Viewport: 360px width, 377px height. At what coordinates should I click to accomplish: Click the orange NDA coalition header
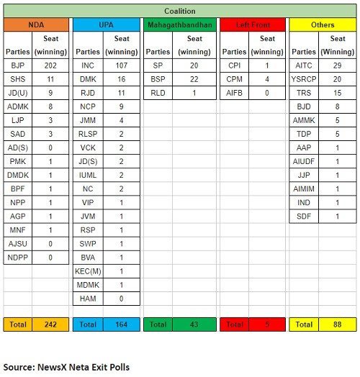tap(35, 25)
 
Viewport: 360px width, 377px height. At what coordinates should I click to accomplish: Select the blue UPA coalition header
tap(106, 25)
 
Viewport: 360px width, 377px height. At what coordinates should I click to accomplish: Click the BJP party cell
tap(18, 65)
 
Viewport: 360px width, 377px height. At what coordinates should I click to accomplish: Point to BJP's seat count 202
tap(50, 65)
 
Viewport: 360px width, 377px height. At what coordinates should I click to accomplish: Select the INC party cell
tap(89, 65)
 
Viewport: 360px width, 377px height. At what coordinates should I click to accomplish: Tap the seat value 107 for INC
tap(122, 65)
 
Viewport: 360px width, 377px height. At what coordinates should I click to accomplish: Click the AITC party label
tap(304, 65)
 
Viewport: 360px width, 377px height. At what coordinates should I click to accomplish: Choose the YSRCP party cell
tap(304, 78)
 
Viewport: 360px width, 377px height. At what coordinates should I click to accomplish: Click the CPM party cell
tap(233, 78)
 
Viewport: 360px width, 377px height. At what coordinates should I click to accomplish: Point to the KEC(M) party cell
tap(89, 271)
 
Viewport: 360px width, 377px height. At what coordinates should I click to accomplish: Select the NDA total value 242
tap(50, 324)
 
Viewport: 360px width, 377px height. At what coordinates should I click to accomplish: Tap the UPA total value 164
tap(122, 324)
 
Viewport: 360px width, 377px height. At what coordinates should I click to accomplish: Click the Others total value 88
tap(337, 324)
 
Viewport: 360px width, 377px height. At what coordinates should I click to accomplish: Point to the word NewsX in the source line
tap(66, 365)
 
